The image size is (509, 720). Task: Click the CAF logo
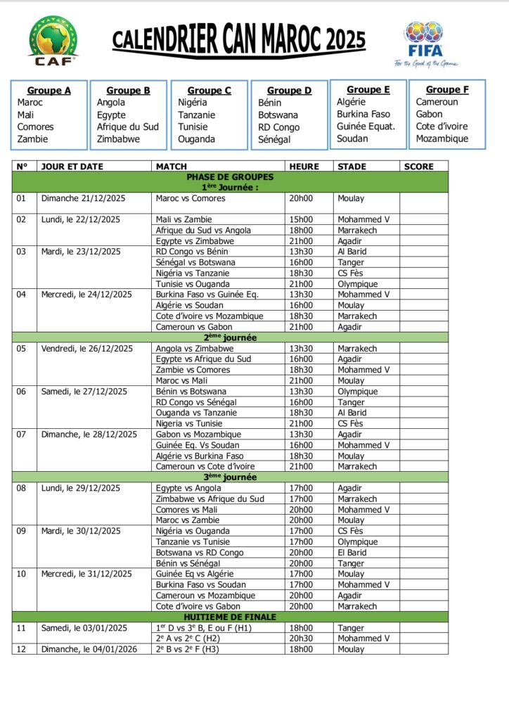tap(53, 40)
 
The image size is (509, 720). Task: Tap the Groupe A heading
tap(49, 91)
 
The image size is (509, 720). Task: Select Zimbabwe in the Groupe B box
tap(118, 139)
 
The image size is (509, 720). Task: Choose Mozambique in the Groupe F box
tap(442, 139)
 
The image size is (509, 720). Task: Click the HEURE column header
tap(304, 167)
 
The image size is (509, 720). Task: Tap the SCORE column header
tap(419, 167)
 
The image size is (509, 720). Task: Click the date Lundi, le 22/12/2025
tap(81, 219)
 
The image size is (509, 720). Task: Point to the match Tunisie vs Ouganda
tap(191, 284)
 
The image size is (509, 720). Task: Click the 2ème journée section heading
tap(230, 337)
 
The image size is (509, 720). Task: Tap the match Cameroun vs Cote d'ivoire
tap(205, 466)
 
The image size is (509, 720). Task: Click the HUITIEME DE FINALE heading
tap(230, 617)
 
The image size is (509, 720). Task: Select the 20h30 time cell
tap(300, 638)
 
